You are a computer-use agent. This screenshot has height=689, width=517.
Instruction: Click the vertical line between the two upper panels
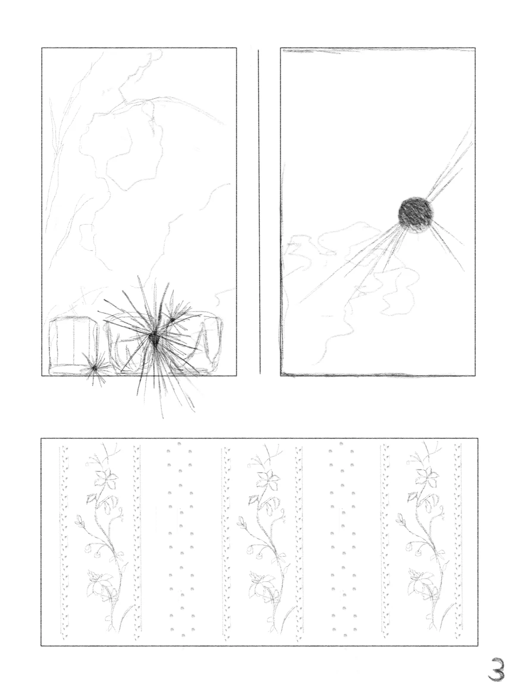[x=259, y=212]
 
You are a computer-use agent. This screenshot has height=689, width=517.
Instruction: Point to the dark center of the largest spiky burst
[x=154, y=338]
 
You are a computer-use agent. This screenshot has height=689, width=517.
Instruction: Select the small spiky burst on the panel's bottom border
[x=94, y=368]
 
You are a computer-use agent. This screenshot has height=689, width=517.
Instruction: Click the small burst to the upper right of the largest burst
[x=172, y=320]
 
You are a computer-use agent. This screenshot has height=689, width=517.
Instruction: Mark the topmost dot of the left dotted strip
[x=180, y=444]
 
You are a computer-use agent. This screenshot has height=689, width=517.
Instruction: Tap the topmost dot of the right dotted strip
[x=341, y=444]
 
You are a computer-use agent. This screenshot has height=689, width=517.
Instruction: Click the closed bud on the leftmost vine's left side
[x=79, y=521]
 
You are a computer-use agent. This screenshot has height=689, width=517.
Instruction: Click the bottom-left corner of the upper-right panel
[x=281, y=375]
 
